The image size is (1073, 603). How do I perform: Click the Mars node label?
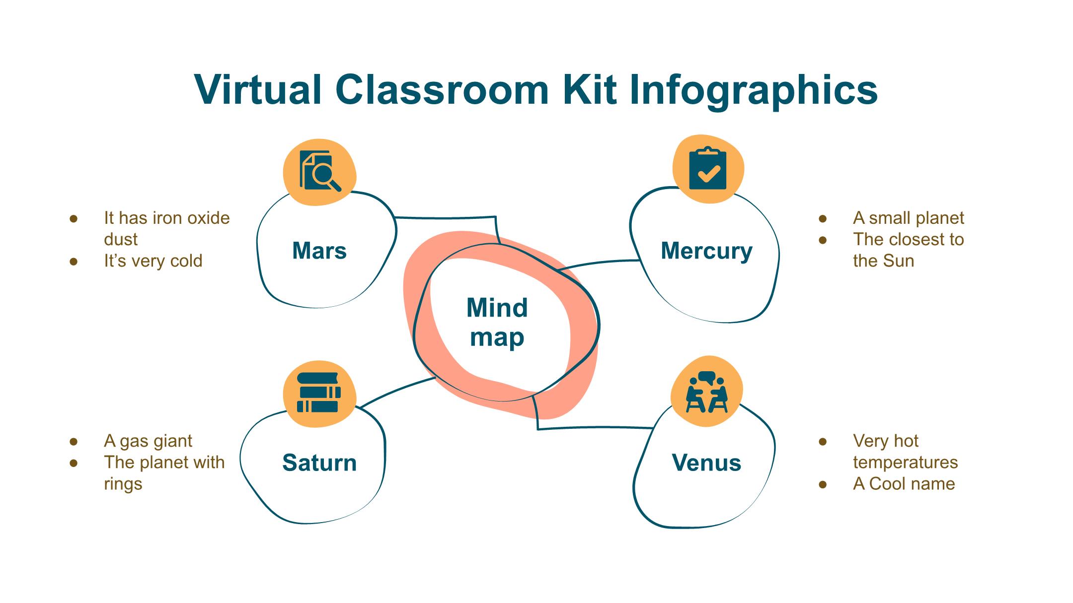click(319, 251)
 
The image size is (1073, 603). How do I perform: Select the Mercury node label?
click(706, 251)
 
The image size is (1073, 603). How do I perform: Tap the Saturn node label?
click(319, 463)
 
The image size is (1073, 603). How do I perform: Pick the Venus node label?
click(706, 463)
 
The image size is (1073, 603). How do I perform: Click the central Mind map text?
click(497, 323)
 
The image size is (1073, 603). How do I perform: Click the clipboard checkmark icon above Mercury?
click(708, 168)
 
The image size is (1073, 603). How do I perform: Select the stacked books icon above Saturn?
click(318, 393)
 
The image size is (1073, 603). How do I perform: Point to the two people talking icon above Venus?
click(706, 392)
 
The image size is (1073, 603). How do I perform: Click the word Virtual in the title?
click(258, 90)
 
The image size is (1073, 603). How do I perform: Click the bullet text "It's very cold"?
click(153, 261)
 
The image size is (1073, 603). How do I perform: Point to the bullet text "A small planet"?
click(909, 218)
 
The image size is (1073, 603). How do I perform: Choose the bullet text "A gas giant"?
click(148, 441)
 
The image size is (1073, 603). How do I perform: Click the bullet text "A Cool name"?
click(904, 483)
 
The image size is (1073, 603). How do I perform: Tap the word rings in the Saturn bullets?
click(123, 484)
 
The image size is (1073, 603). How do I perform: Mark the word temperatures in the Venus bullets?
click(906, 463)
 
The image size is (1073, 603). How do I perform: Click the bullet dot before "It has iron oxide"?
click(74, 218)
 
